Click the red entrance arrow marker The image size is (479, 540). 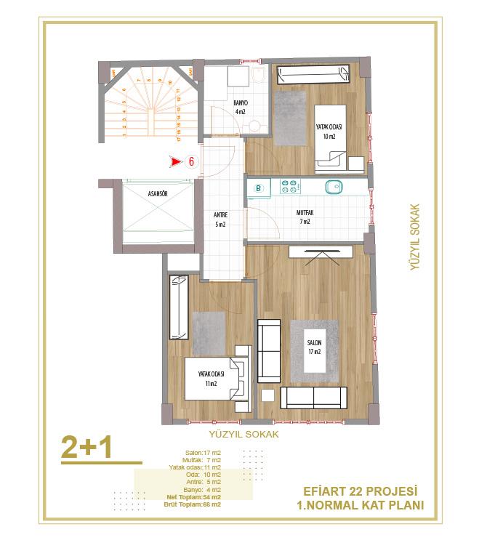coord(175,162)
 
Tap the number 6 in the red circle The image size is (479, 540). coord(191,162)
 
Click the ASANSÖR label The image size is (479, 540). coord(158,195)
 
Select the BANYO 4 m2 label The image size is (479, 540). coord(241,108)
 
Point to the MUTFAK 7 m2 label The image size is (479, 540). coord(304,217)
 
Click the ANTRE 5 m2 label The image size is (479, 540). coord(220,219)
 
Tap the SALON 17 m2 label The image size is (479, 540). coord(314,348)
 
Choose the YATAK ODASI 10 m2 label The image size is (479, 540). coord(329,131)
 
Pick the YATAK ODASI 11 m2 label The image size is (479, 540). coord(212,378)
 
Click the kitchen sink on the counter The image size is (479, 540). coord(334,186)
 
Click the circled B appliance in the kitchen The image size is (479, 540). coord(258,188)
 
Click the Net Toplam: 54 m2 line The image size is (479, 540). coord(194,497)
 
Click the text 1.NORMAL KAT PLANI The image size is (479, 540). coord(361,506)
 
